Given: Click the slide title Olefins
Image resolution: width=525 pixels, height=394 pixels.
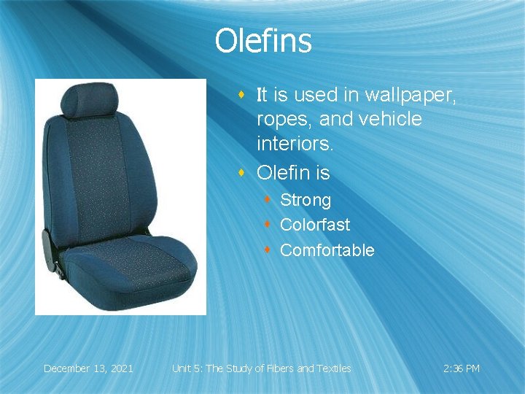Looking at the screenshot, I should coord(262,42).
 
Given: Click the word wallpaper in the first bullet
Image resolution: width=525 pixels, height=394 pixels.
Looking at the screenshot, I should coord(411,95).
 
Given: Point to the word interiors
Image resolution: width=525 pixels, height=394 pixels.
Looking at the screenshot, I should coord(295,144).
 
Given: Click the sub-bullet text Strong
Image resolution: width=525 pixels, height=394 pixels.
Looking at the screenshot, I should coord(306,200).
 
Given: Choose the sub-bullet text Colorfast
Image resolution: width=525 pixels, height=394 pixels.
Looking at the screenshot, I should coord(314,225).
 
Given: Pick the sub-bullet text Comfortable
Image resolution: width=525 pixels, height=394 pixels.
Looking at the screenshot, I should coord(327,250).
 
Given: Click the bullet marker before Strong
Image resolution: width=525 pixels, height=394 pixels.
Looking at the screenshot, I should coord(268,199).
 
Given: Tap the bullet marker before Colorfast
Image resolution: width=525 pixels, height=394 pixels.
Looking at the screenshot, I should coord(268,224).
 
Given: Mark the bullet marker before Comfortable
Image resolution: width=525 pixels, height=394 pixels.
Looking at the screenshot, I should coord(268,250).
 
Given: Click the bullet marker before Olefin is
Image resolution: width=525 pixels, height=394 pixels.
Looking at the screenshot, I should coord(242,173).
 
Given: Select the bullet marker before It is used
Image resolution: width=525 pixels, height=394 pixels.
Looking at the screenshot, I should coord(242,94).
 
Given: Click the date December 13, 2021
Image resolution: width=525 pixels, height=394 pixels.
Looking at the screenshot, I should coord(88,368).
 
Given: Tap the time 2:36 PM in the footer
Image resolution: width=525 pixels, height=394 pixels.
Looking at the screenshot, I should coord(462,368).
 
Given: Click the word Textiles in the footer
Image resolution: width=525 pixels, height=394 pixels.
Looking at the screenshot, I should coord(333,368).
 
